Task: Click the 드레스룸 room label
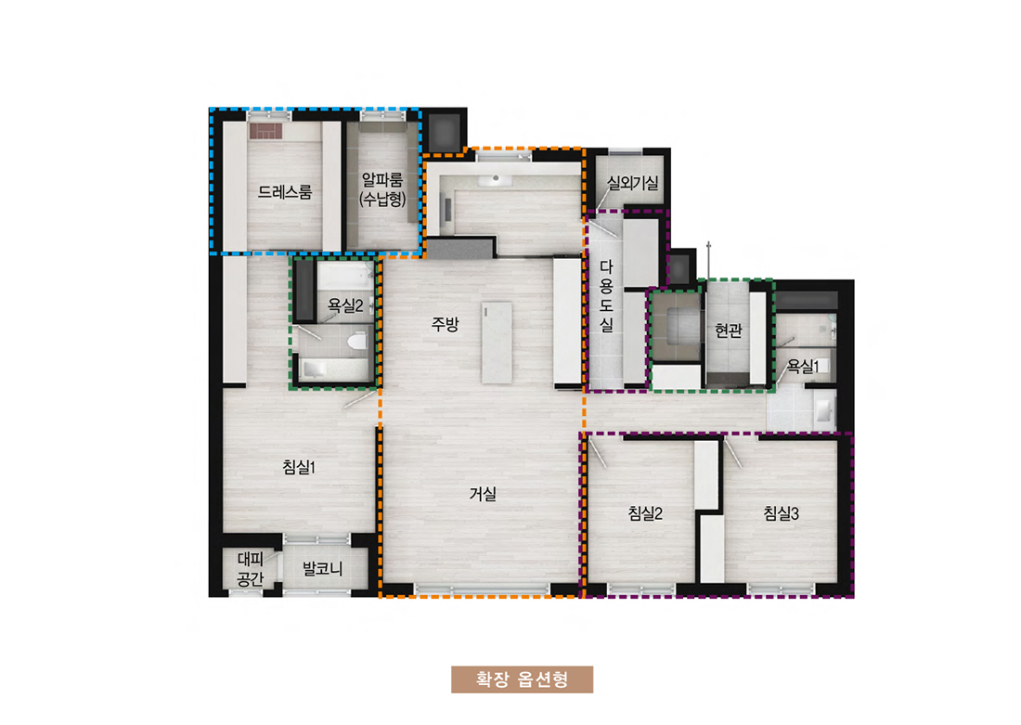click(285, 191)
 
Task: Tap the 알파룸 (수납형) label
click(382, 188)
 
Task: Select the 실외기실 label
click(632, 182)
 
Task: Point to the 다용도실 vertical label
click(606, 296)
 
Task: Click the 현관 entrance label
click(728, 330)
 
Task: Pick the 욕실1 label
click(803, 367)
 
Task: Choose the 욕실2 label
click(345, 304)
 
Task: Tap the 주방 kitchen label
click(446, 324)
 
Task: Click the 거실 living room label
click(484, 494)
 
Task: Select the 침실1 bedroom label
click(299, 466)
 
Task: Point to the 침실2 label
click(645, 513)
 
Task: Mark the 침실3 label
click(781, 513)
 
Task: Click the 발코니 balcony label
click(322, 569)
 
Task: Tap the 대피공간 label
click(250, 569)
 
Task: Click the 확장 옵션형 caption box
click(523, 680)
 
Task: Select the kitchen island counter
click(497, 343)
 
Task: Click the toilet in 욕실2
click(356, 341)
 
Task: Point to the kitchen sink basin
click(497, 179)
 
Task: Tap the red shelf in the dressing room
click(265, 132)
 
